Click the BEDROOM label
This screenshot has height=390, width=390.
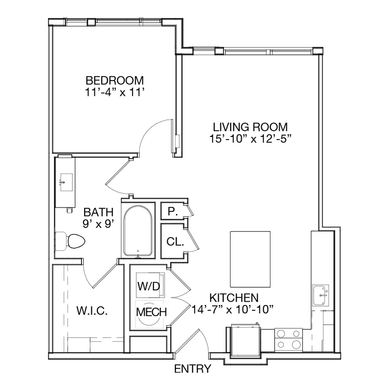coord(115,81)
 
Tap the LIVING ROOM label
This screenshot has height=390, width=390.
coord(250,127)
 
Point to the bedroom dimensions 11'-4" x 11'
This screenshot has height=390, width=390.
coord(115,93)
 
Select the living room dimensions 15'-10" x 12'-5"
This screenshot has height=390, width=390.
coord(250,139)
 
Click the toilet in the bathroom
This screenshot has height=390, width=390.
coord(70,241)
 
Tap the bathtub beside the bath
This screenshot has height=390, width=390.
coord(138,231)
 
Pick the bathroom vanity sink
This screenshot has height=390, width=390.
coord(66,182)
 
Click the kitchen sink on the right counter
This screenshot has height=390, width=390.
coord(320,295)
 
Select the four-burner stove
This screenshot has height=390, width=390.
coord(289,340)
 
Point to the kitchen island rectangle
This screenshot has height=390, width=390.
coord(250,259)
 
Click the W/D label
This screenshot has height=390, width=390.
coord(149,286)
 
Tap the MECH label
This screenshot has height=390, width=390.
coord(152,312)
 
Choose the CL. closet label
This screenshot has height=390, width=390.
coord(175,241)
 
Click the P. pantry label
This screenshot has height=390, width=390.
coord(172,211)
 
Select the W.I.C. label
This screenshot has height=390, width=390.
coord(92,311)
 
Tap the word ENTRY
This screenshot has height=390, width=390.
coord(193,369)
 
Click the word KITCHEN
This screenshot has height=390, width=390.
coord(234,298)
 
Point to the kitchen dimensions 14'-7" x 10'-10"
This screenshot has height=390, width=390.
coord(233,310)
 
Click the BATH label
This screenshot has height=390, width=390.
coord(98,212)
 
